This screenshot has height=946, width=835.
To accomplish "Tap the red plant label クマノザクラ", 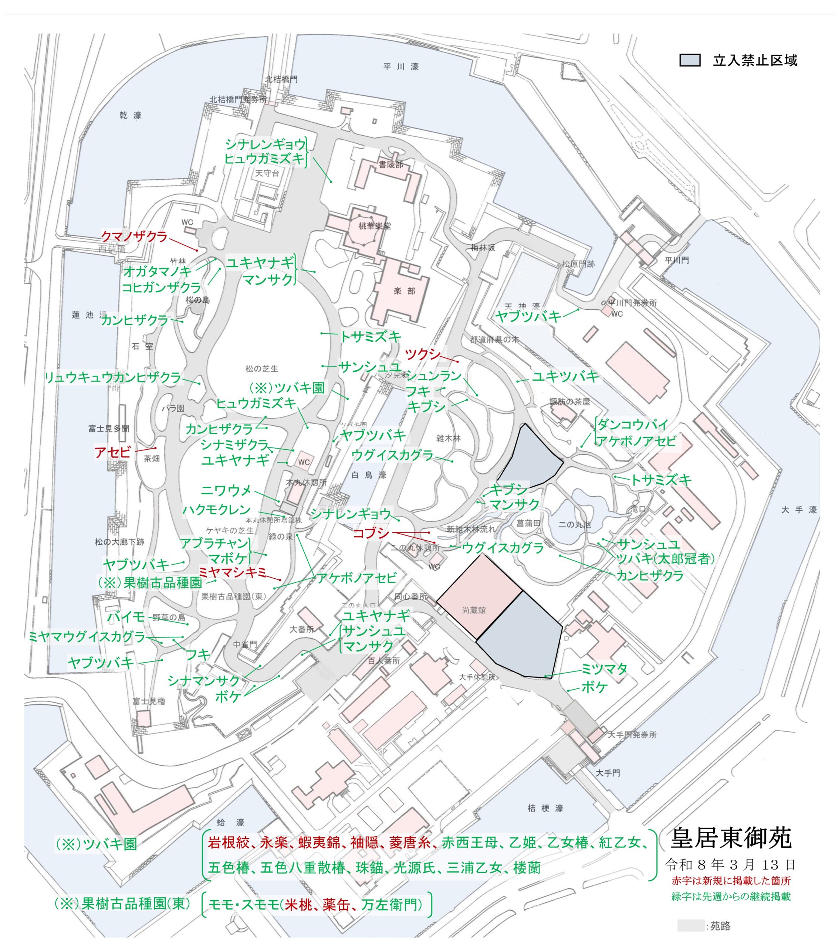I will (134, 236).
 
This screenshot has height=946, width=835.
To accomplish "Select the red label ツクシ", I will (422, 354).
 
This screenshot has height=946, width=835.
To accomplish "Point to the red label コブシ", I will (371, 533).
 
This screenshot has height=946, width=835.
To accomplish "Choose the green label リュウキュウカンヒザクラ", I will (112, 378).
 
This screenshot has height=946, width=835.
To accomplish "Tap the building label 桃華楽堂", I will (375, 226).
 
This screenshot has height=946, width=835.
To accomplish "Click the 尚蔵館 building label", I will (474, 610).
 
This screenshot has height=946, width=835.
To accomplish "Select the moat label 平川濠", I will (401, 67).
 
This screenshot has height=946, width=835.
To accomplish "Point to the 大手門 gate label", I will (608, 773).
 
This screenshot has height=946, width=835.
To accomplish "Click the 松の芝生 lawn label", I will (262, 368).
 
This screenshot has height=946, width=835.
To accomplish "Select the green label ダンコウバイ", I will (633, 424).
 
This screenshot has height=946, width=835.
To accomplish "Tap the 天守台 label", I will (267, 173).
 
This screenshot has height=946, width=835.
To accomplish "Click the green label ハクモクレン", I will (216, 510).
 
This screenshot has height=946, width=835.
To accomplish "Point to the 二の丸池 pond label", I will (574, 524).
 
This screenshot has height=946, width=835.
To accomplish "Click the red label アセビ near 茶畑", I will (112, 452).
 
